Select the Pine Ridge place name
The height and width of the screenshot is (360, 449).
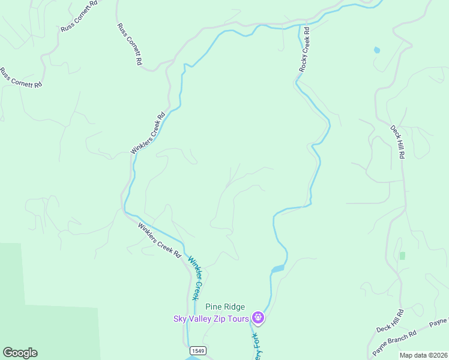tap(225, 307)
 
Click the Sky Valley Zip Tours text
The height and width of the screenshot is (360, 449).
tap(211, 319)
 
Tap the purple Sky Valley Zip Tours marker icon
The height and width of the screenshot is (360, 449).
tap(258, 317)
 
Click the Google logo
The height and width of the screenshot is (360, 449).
tap(20, 353)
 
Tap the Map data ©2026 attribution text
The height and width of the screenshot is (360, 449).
tap(423, 355)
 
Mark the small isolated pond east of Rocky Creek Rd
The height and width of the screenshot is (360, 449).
tap(376, 50)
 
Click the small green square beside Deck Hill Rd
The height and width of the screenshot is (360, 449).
tap(402, 256)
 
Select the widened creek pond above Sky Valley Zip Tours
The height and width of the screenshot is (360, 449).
tap(277, 269)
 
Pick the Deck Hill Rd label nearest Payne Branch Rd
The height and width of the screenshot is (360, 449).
tap(391, 322)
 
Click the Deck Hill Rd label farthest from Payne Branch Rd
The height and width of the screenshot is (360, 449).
tap(398, 142)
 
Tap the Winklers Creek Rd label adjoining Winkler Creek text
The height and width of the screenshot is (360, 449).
tap(159, 241)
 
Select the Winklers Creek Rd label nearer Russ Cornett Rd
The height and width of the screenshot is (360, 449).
tap(148, 134)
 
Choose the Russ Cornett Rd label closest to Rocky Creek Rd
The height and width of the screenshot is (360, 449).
tap(130, 44)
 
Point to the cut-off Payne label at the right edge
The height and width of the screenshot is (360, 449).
tap(438, 324)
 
